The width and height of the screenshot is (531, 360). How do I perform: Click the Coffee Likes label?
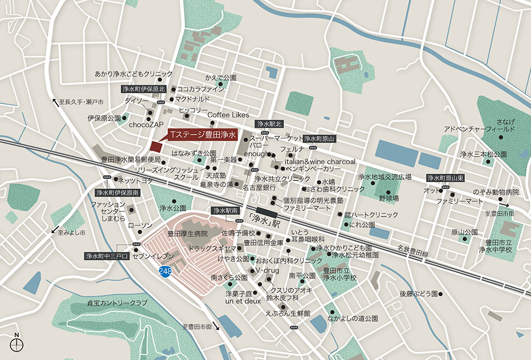pos(228,115)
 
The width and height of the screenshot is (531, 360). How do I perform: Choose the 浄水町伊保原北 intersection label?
pos(143,89)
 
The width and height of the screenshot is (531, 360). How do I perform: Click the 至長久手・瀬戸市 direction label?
pos(81,101)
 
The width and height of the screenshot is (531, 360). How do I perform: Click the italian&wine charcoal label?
pos(320,161)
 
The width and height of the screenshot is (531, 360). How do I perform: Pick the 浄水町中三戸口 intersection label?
pos(107,256)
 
